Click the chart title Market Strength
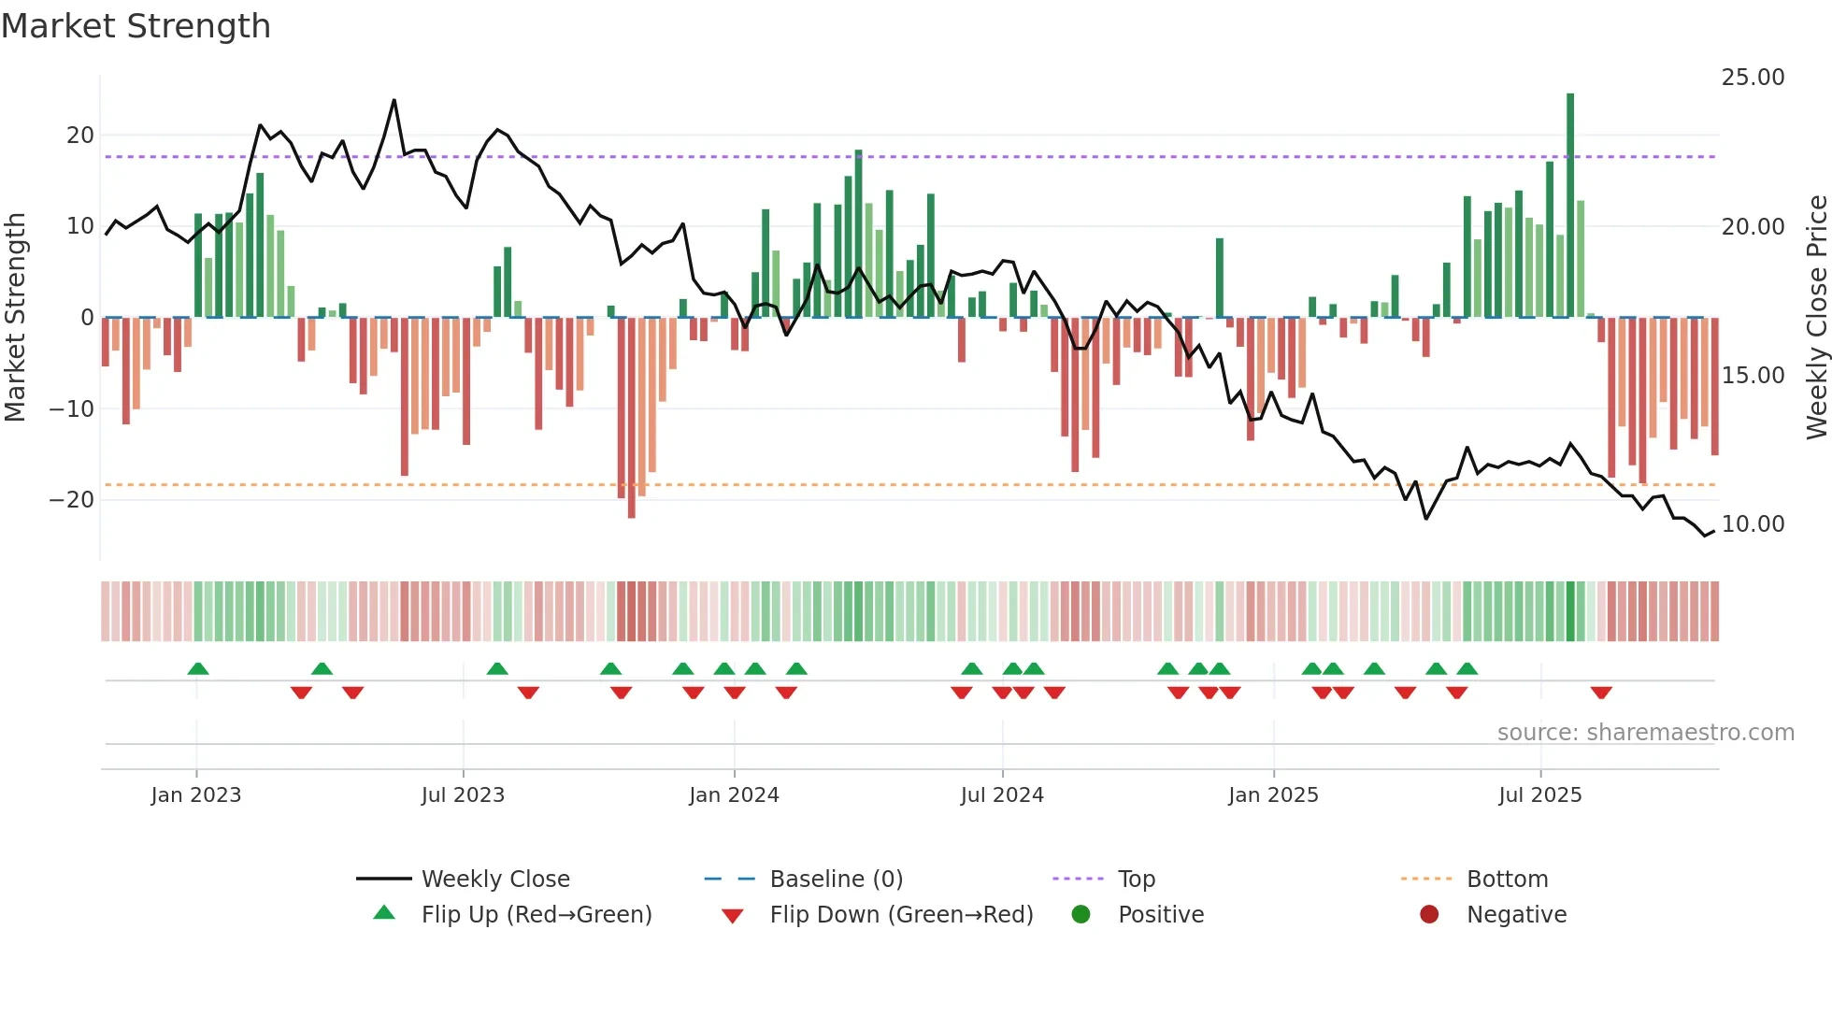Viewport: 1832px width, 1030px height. point(136,26)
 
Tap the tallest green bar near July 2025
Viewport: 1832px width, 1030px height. point(1570,206)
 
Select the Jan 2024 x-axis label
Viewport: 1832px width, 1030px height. point(734,795)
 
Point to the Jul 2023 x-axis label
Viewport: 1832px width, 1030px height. point(463,795)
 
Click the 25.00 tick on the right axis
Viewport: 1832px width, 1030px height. point(1753,78)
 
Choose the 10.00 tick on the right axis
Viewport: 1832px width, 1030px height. point(1753,524)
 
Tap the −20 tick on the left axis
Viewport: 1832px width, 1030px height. point(72,500)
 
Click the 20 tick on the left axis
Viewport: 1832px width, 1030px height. point(79,136)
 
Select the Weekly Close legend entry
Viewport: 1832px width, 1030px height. point(494,880)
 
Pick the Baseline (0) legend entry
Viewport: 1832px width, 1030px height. point(836,880)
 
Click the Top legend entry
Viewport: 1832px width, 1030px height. point(1136,880)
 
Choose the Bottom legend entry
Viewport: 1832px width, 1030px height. point(1507,880)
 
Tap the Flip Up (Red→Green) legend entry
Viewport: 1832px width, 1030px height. point(536,915)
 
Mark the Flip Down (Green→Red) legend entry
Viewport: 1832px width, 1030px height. point(901,915)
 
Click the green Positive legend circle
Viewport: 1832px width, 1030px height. point(1081,915)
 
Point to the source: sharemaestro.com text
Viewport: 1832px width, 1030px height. point(1645,733)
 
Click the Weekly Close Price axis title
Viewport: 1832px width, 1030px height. point(1816,318)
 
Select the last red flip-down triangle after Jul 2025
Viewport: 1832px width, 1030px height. point(1601,693)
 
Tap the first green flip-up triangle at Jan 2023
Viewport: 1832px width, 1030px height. point(198,668)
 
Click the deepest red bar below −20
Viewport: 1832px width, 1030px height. point(632,418)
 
